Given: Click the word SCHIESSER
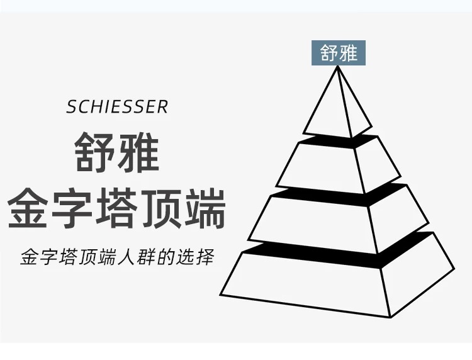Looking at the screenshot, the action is pos(117,106).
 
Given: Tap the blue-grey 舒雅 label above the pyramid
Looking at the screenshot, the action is pos(339,53).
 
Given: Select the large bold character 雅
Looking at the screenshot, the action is pos(138,152).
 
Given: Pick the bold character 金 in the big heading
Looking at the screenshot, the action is pos(29,208).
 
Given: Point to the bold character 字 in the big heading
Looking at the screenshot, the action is pos(73,208).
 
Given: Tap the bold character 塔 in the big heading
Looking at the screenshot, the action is pos(117,208).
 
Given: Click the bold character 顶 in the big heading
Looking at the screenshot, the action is pos(161,208).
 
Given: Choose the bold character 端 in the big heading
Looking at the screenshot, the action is pos(205,208).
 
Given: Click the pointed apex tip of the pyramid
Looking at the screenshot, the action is pos(339,67).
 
